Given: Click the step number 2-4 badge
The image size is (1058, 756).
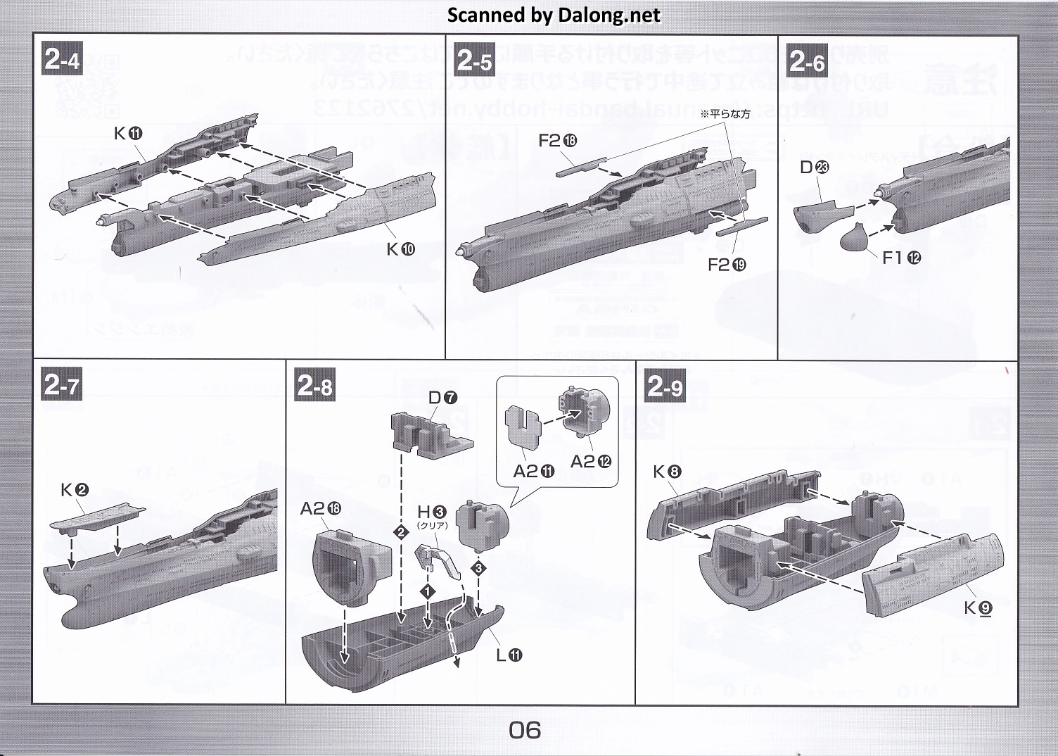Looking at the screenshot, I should tap(63, 59).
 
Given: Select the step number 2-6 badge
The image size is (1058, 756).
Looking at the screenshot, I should tap(807, 62).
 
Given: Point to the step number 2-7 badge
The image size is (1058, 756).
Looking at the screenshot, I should tap(62, 385).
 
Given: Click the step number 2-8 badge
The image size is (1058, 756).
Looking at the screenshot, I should tap(315, 386).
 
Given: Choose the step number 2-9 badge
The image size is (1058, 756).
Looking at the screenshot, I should tap(665, 386).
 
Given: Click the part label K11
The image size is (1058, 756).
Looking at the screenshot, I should tap(128, 133).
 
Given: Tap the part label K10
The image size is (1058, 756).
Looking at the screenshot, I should tap(400, 248).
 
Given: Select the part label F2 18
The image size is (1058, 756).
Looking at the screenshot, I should tap(557, 141).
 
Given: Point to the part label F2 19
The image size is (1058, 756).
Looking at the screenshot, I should tap(727, 265).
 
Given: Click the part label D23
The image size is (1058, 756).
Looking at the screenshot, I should tap(815, 167).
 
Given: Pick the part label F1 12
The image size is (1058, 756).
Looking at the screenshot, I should tap(901, 258).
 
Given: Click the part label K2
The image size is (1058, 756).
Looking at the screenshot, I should tap(75, 490).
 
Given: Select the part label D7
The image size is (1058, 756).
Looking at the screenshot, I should tap(442, 398).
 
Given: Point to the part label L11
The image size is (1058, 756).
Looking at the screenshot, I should tap(509, 655).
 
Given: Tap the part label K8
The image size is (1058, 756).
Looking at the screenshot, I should tap(667, 471).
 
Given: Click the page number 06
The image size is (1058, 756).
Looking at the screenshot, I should tap(525, 730).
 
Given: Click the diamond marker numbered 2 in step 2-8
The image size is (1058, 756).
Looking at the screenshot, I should tap(401, 532).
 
